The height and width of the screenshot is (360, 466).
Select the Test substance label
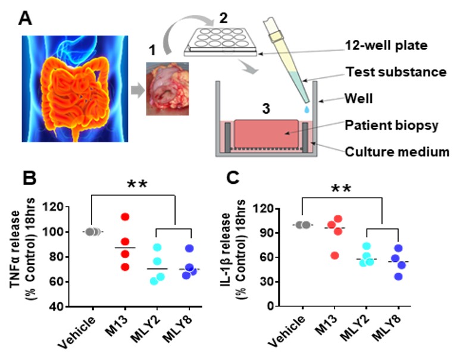[x=395, y=72]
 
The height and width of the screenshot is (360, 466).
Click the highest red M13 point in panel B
[x=124, y=217]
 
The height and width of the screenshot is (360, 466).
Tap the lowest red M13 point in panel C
[x=335, y=255]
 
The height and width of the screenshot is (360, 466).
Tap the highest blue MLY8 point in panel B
[x=174, y=249]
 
